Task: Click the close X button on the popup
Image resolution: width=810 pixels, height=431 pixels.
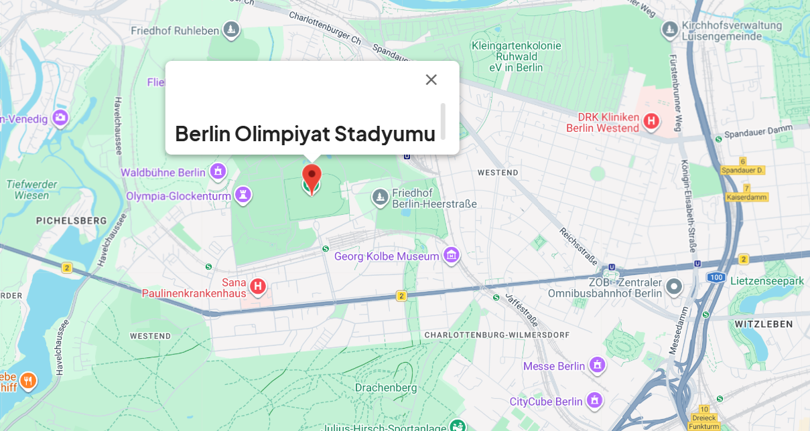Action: point(431,80)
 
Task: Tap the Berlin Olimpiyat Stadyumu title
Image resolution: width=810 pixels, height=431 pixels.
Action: point(305,133)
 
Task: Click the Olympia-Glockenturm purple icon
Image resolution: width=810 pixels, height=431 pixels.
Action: point(243,195)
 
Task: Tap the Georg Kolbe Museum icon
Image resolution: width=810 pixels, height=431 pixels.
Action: point(452,256)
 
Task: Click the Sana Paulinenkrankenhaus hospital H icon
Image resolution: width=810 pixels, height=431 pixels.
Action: point(258,287)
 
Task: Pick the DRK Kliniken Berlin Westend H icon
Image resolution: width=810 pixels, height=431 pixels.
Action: point(651,121)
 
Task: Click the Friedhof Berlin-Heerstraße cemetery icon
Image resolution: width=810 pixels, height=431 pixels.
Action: point(380,197)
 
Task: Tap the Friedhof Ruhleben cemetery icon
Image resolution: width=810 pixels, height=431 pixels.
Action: point(231,30)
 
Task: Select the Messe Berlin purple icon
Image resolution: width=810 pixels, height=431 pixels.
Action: point(596,365)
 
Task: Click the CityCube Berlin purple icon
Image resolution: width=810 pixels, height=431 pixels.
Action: point(594,401)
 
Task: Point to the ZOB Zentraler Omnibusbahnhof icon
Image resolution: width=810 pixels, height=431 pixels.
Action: point(674,287)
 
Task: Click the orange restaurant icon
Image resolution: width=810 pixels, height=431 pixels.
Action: point(27,381)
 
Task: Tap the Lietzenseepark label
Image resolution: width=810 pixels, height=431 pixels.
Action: point(767,280)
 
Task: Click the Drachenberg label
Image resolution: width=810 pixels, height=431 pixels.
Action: point(386,387)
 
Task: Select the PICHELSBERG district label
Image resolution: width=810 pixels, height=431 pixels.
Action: point(72,220)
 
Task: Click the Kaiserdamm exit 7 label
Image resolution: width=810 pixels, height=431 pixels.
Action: point(747,193)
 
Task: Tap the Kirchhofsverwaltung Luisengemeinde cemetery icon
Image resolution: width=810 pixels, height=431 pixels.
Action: point(669,29)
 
